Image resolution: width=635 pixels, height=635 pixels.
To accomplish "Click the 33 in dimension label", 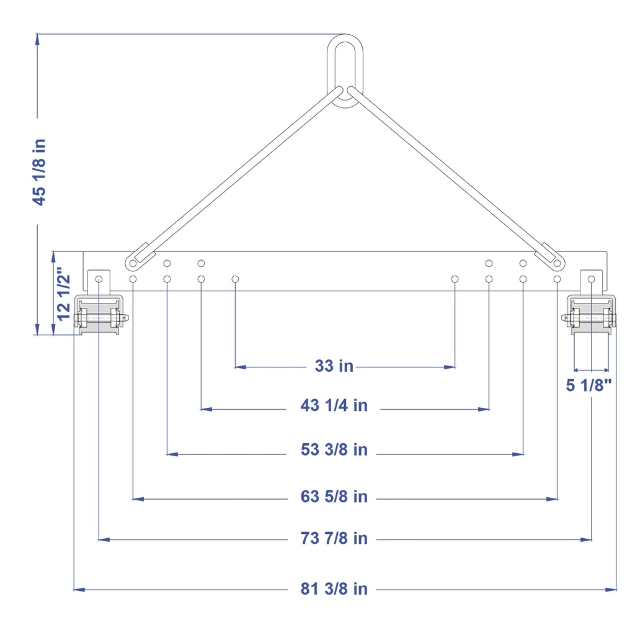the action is point(334,366).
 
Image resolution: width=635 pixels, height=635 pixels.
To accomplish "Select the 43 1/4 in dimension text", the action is point(334,405).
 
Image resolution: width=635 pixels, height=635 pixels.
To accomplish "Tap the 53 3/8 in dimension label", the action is point(334,449).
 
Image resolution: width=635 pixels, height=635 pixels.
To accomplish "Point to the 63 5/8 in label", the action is point(334,497).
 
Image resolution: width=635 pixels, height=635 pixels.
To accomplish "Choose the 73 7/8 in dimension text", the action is point(334,538).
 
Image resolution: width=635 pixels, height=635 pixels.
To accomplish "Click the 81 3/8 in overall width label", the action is point(334,589).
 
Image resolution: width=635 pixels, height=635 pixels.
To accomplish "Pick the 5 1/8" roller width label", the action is point(588,385).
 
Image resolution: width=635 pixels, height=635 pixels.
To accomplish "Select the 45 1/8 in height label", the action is point(39,172).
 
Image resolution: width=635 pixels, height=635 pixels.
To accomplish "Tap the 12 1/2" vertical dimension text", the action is point(64,294).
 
